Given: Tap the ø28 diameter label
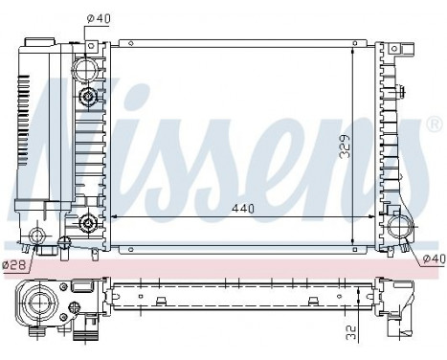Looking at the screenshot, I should (12, 264).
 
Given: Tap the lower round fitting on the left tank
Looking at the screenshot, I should (89, 224).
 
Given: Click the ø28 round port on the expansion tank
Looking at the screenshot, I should (37, 237).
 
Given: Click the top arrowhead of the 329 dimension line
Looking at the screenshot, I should (355, 46).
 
